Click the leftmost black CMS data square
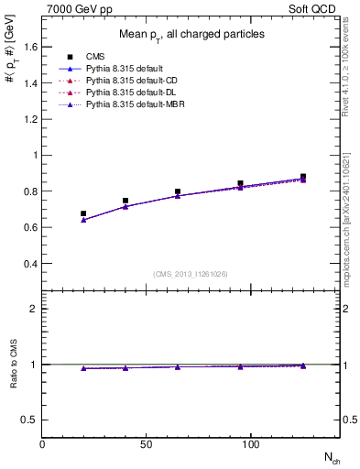click(x=83, y=213)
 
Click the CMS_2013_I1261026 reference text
click(x=191, y=274)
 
